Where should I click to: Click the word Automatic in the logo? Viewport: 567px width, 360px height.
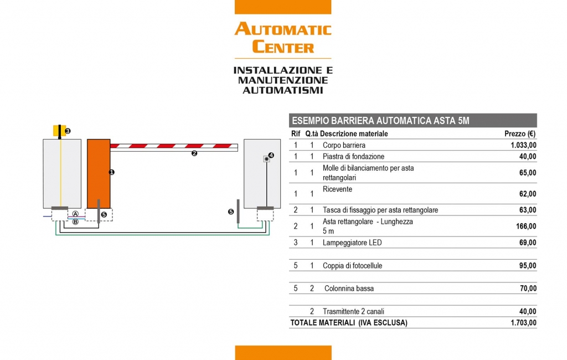(283, 29)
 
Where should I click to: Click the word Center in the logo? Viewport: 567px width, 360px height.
(283, 47)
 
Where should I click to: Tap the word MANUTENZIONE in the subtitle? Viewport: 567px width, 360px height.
(283, 80)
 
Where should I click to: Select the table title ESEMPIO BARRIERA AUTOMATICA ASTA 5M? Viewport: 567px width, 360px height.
(380, 121)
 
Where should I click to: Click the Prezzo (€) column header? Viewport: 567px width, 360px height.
(519, 134)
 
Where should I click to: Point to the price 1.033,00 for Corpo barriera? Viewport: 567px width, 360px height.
(523, 146)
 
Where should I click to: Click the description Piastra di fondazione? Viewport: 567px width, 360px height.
(353, 157)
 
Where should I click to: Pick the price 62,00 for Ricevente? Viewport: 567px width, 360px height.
(528, 194)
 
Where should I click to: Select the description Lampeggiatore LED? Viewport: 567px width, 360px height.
(352, 243)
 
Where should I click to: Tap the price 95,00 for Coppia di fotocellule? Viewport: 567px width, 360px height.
(528, 266)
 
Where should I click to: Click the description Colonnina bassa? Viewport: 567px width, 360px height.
(349, 289)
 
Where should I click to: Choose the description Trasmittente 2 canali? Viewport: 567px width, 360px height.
(353, 311)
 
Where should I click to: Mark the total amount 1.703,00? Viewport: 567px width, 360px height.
(523, 323)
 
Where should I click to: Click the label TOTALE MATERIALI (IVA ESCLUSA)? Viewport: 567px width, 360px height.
(349, 323)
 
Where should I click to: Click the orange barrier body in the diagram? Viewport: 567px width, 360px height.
(99, 174)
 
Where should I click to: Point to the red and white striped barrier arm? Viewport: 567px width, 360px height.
(174, 147)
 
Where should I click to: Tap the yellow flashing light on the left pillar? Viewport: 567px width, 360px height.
(59, 131)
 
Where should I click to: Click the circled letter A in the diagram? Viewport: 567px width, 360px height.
(75, 214)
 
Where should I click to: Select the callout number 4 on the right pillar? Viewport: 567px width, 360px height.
(271, 155)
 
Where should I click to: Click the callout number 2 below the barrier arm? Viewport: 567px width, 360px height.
(194, 153)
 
